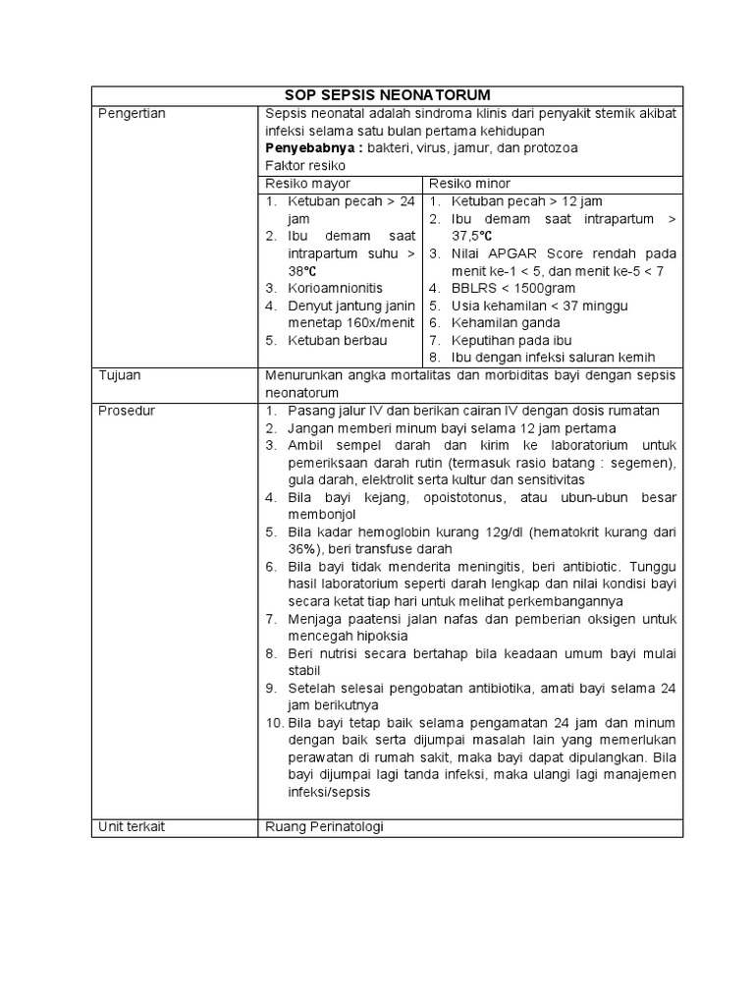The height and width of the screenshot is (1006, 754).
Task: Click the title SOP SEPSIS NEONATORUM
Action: click(386, 95)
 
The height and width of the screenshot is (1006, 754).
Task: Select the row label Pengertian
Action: click(133, 113)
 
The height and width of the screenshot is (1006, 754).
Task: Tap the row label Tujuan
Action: click(119, 375)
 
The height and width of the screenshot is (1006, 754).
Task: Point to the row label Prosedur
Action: click(127, 410)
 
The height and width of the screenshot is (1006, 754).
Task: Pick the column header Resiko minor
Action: click(469, 184)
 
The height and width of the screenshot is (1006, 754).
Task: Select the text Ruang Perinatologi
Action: click(325, 826)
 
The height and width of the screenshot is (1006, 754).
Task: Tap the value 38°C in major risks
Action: click(301, 271)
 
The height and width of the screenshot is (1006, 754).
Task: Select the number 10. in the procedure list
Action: click(274, 723)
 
